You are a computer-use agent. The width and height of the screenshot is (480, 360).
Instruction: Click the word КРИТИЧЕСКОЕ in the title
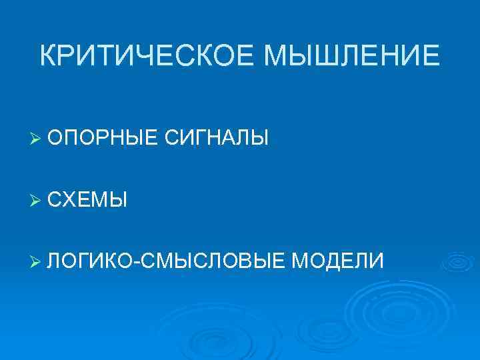(x=148, y=55)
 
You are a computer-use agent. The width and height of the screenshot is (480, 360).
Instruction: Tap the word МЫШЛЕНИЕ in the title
(x=353, y=55)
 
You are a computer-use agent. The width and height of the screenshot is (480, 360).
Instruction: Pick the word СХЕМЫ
(x=87, y=199)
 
